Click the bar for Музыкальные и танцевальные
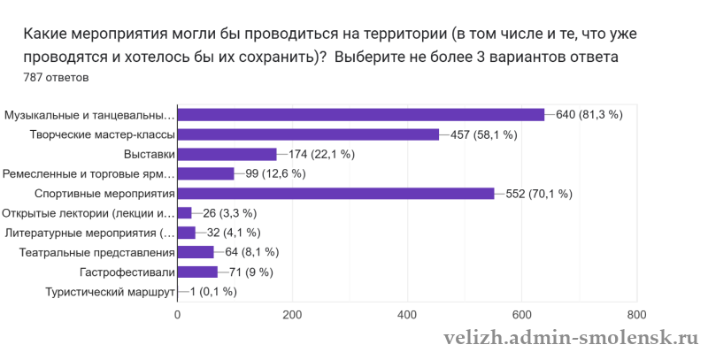pos(361,114)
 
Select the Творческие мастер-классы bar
pos(308,134)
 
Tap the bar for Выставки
pos(227,154)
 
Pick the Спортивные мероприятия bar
pos(335,194)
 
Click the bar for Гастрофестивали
pos(197,272)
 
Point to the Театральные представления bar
pos(196,252)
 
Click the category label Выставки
pos(149,154)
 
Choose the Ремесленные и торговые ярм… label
pos(88,173)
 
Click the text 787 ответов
pos(56,78)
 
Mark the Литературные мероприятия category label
pos(90,233)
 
